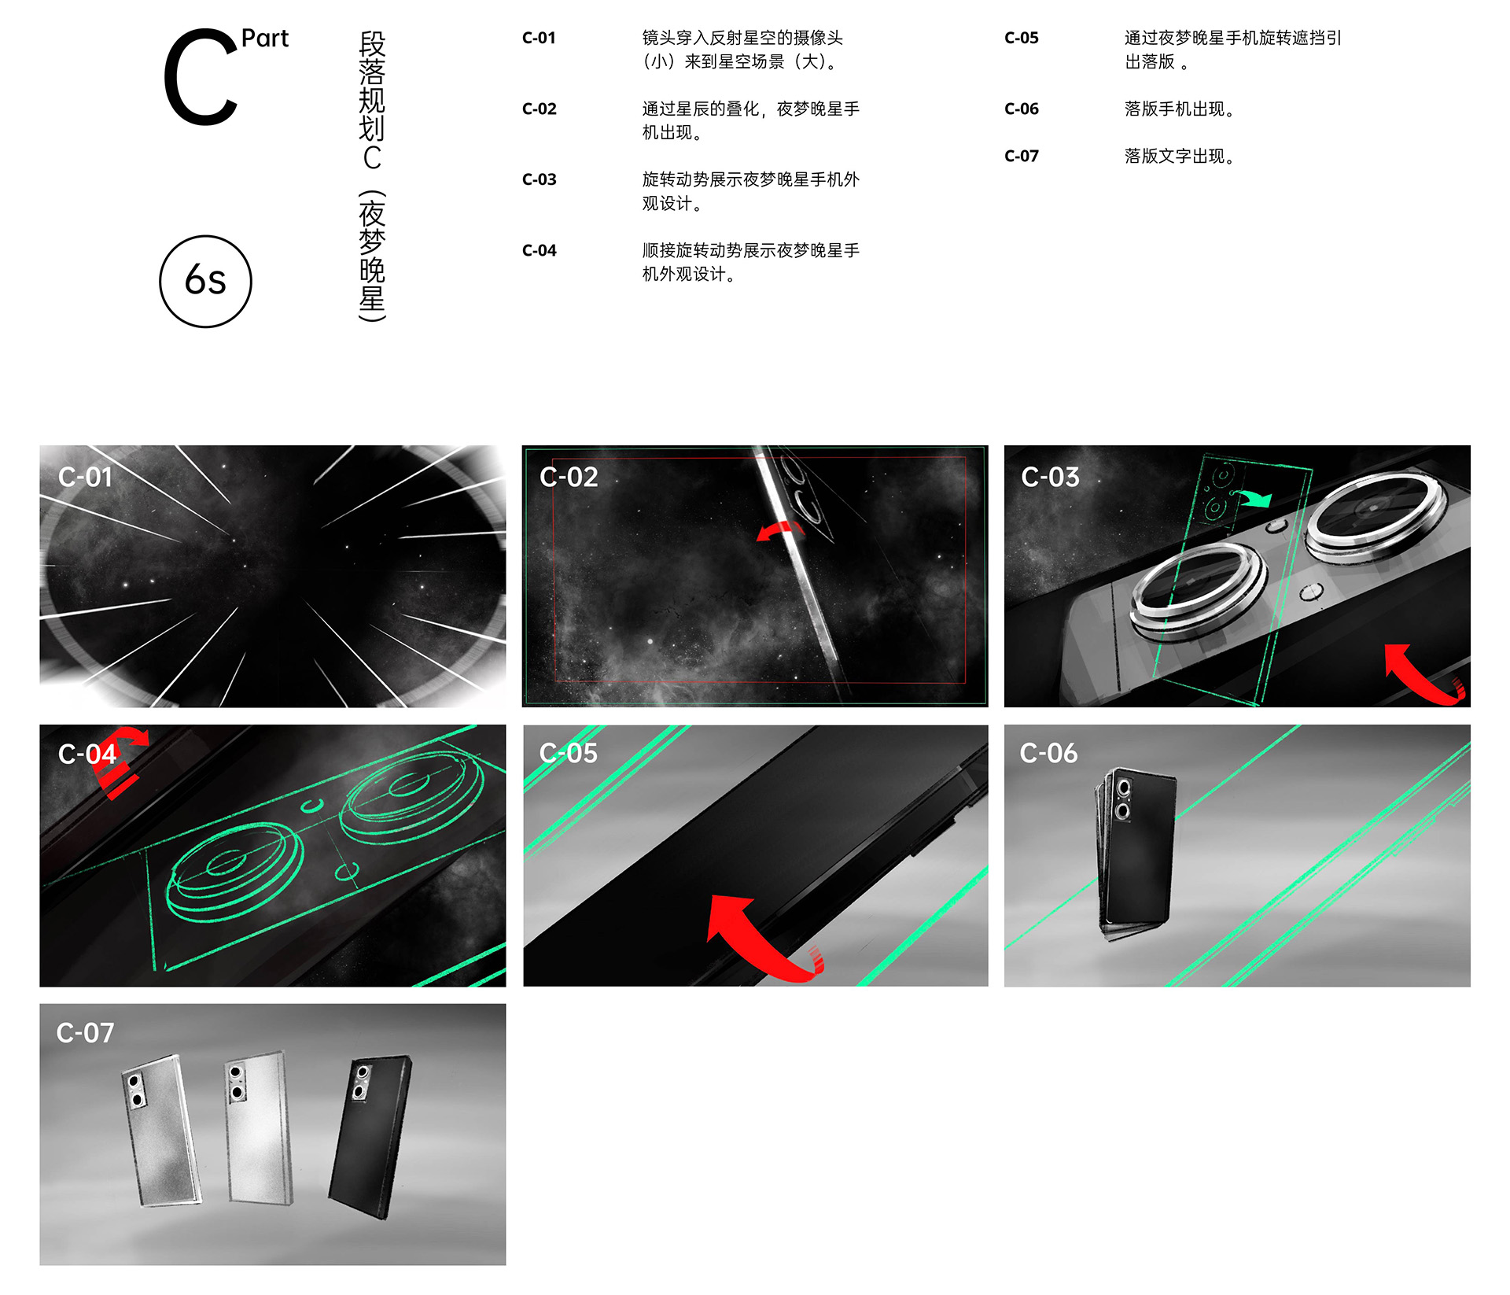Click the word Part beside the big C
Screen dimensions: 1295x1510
(264, 39)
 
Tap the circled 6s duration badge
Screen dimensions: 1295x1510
(205, 281)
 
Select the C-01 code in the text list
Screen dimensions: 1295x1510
(539, 38)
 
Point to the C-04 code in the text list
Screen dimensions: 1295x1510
(539, 250)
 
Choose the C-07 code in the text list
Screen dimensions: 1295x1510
(1021, 156)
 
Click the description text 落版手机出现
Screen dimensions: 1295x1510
(1179, 109)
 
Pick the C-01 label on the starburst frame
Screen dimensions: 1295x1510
(85, 477)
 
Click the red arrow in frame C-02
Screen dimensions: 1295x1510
(779, 530)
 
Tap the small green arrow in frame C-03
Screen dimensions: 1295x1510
(1252, 497)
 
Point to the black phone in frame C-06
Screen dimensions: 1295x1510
(1135, 854)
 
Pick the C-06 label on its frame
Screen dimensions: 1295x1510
(1048, 753)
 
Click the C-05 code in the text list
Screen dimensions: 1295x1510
(1021, 38)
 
